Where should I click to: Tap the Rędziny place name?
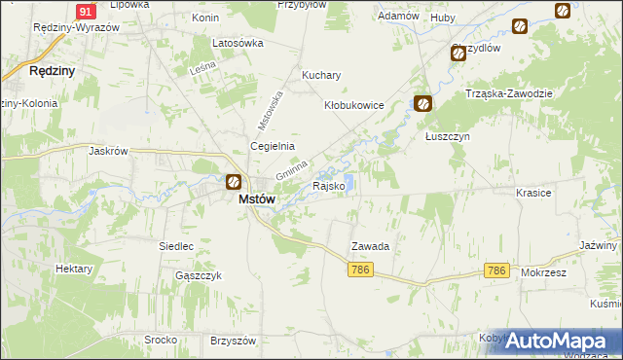click(x=53, y=71)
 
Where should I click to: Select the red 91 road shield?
click(x=85, y=11)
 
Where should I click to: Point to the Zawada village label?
click(x=371, y=247)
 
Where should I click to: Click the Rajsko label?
click(x=328, y=186)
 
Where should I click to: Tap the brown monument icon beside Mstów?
click(x=234, y=182)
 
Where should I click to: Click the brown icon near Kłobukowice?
click(x=422, y=103)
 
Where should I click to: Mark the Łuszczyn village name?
click(x=448, y=137)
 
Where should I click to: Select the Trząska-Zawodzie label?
click(x=509, y=93)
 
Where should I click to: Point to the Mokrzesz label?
click(x=543, y=273)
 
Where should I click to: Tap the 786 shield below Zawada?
click(x=360, y=270)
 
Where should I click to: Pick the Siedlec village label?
click(x=176, y=246)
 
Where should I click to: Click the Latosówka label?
click(x=238, y=44)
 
